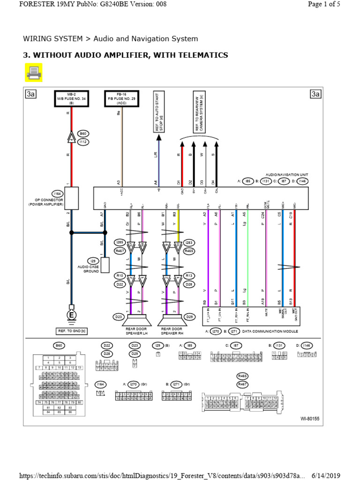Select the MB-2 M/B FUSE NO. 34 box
(x=72, y=98)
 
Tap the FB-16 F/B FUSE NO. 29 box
(x=122, y=98)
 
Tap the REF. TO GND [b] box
(x=72, y=332)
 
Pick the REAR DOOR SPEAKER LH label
(x=136, y=331)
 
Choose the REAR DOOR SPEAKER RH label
(x=172, y=331)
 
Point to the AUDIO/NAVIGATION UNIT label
(x=285, y=174)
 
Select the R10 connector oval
(x=120, y=276)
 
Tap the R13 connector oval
(x=189, y=276)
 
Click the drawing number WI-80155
(x=309, y=418)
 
